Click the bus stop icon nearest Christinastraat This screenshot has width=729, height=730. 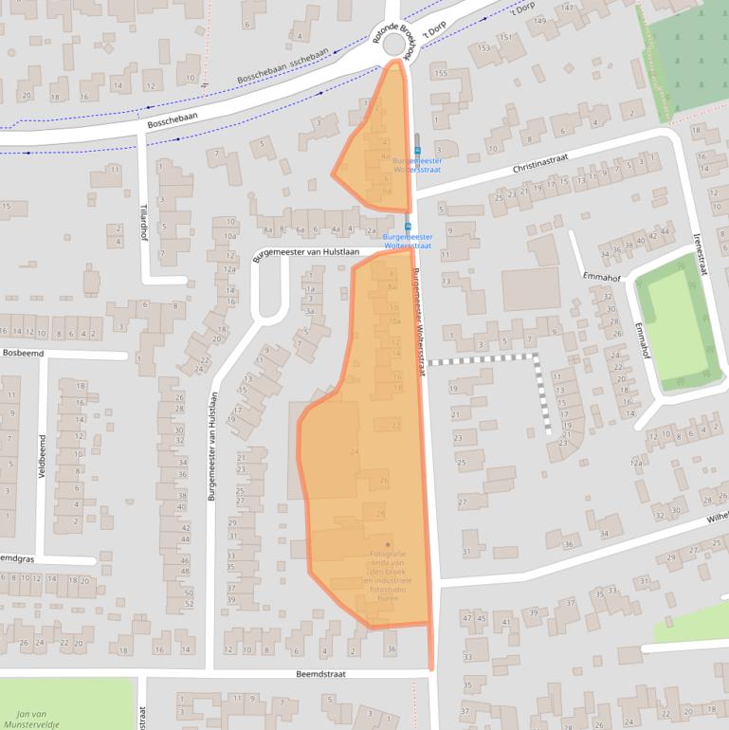pyautogui.click(x=416, y=149)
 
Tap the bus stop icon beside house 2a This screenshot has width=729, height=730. pyautogui.click(x=408, y=227)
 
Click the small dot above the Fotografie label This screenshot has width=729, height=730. pyautogui.click(x=387, y=544)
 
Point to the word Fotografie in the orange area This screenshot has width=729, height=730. pyautogui.click(x=387, y=554)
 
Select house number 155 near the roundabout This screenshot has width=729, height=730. pyautogui.click(x=440, y=73)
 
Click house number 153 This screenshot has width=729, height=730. pyautogui.click(x=485, y=48)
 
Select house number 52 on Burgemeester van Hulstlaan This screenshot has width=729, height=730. pyautogui.click(x=189, y=604)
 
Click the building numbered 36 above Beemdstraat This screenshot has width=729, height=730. pyautogui.click(x=392, y=648)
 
